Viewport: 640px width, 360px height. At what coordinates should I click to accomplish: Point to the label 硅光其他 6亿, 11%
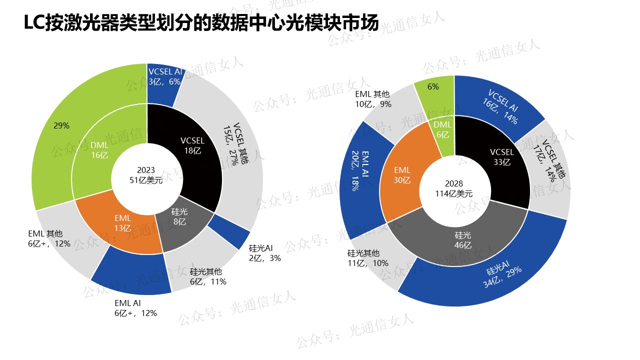208,276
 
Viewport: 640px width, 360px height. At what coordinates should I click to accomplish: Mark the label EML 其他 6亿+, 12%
49,238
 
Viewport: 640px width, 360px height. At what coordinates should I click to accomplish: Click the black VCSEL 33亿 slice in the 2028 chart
500,157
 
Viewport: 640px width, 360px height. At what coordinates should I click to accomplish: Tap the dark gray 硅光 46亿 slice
462,240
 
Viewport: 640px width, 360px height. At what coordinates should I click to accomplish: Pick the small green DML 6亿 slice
442,130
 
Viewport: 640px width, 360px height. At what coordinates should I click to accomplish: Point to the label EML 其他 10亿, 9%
373,99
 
